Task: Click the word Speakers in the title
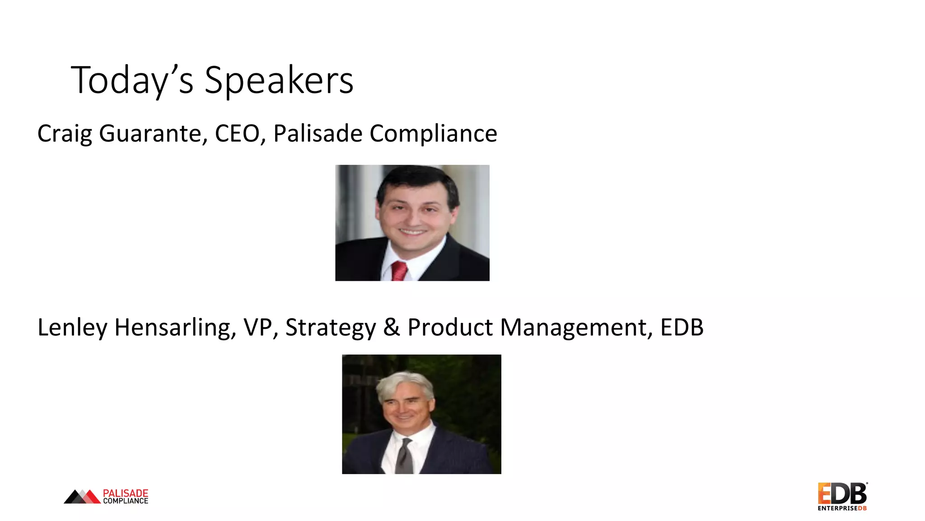279,81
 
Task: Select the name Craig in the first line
64,134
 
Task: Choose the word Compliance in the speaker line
433,134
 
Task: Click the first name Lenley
72,327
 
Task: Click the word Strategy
330,328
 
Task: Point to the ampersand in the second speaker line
391,327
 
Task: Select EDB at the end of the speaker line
682,327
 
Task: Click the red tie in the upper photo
399,271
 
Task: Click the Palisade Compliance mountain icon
82,497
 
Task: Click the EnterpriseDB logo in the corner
842,496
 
